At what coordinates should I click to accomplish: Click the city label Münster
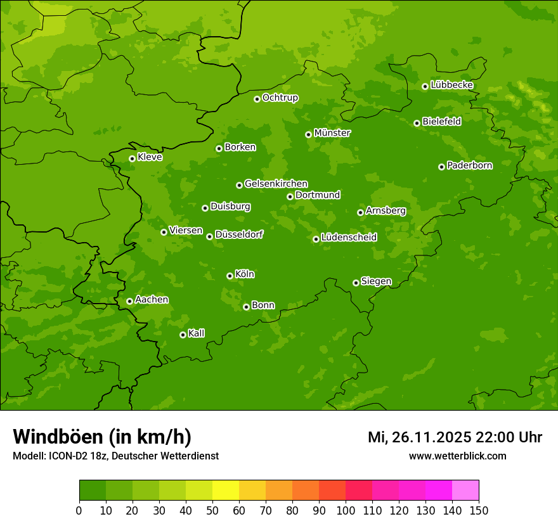tap(332, 133)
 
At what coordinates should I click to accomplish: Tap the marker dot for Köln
tap(230, 276)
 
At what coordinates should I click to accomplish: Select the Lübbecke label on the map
tap(451, 85)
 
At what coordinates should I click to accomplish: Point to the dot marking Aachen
tap(129, 301)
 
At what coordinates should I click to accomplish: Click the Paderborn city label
tap(469, 165)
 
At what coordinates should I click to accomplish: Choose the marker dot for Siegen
tap(356, 283)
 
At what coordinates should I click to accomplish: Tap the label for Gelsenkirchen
tap(276, 184)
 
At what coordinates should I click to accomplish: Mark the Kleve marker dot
tap(132, 158)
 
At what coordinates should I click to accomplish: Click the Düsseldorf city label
tap(238, 234)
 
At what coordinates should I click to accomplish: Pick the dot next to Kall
tap(183, 335)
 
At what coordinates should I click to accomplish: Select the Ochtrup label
tap(280, 98)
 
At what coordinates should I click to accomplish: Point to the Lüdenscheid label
tap(349, 238)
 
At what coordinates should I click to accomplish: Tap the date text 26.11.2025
tap(431, 437)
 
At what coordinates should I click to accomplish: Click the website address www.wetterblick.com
tap(457, 456)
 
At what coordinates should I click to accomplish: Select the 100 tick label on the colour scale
tap(346, 510)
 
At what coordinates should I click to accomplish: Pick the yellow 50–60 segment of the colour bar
tap(225, 491)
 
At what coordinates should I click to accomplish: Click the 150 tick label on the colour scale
tap(479, 510)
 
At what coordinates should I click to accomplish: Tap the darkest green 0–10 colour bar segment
tap(92, 491)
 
